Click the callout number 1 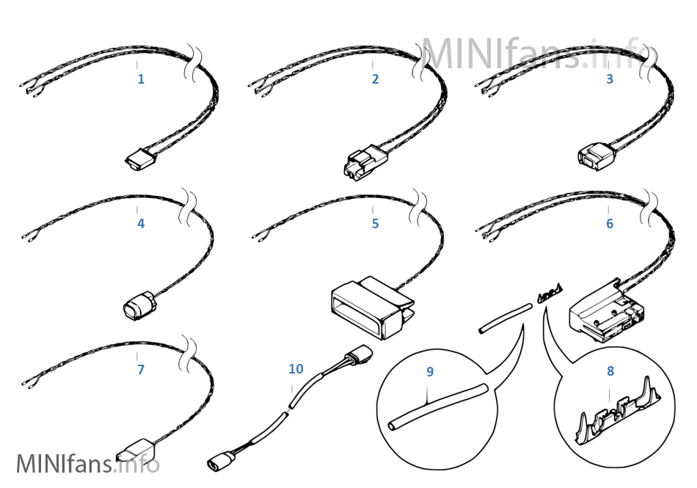point(141,79)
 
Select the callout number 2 point(375,79)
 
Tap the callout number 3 point(609,79)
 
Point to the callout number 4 point(141,223)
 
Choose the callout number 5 point(375,223)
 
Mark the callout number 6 point(609,223)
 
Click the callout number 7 point(141,369)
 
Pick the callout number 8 point(610,371)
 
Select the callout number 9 point(430,371)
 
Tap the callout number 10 point(296,368)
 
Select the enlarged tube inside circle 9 point(438,407)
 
